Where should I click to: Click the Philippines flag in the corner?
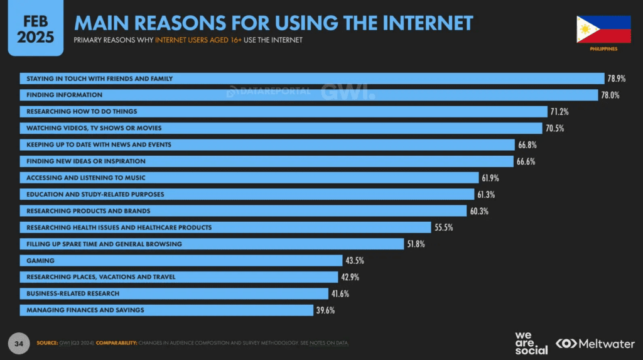coord(603,29)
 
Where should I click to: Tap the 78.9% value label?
coord(616,79)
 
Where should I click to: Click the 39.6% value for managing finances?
coord(325,310)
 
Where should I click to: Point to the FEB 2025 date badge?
coord(35,29)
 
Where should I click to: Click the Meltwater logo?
coord(595,343)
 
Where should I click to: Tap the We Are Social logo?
coord(531,342)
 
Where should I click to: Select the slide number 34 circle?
coord(19,343)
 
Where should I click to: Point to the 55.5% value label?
coord(445,227)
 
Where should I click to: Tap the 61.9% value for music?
coord(490,178)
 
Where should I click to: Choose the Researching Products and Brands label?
coord(88,210)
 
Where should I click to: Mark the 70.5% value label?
coord(554,128)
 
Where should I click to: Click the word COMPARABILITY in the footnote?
coord(116,343)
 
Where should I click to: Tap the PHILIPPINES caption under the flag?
coord(603,49)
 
